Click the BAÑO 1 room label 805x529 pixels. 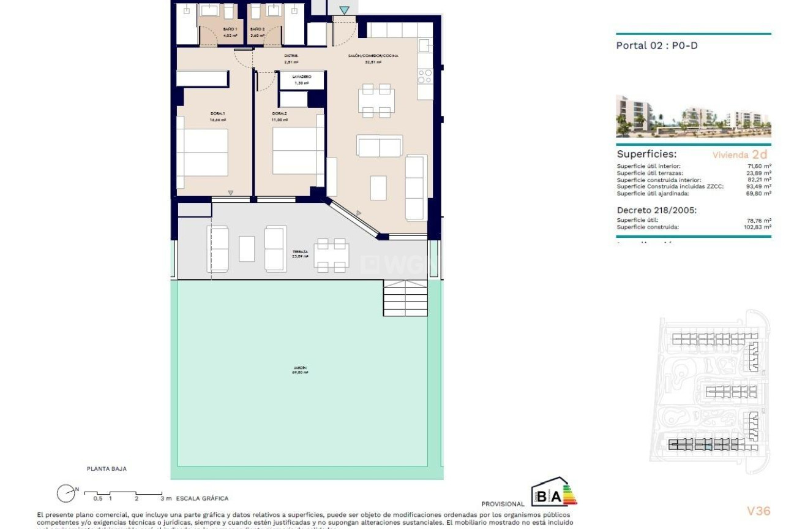coord(213,29)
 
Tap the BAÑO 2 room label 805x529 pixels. coord(257,29)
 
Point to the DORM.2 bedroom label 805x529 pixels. coord(280,113)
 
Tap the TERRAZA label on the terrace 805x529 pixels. coord(300,252)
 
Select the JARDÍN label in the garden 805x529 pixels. coord(300,368)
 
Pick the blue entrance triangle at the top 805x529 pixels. coord(345,10)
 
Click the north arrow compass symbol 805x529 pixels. coord(66,493)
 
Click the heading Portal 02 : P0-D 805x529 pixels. coord(656,45)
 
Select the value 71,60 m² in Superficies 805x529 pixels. coord(758,166)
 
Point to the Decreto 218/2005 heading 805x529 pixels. coord(656,210)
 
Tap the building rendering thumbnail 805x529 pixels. coord(693,116)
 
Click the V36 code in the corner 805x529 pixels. coord(758,511)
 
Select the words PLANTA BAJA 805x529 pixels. coord(107,469)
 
